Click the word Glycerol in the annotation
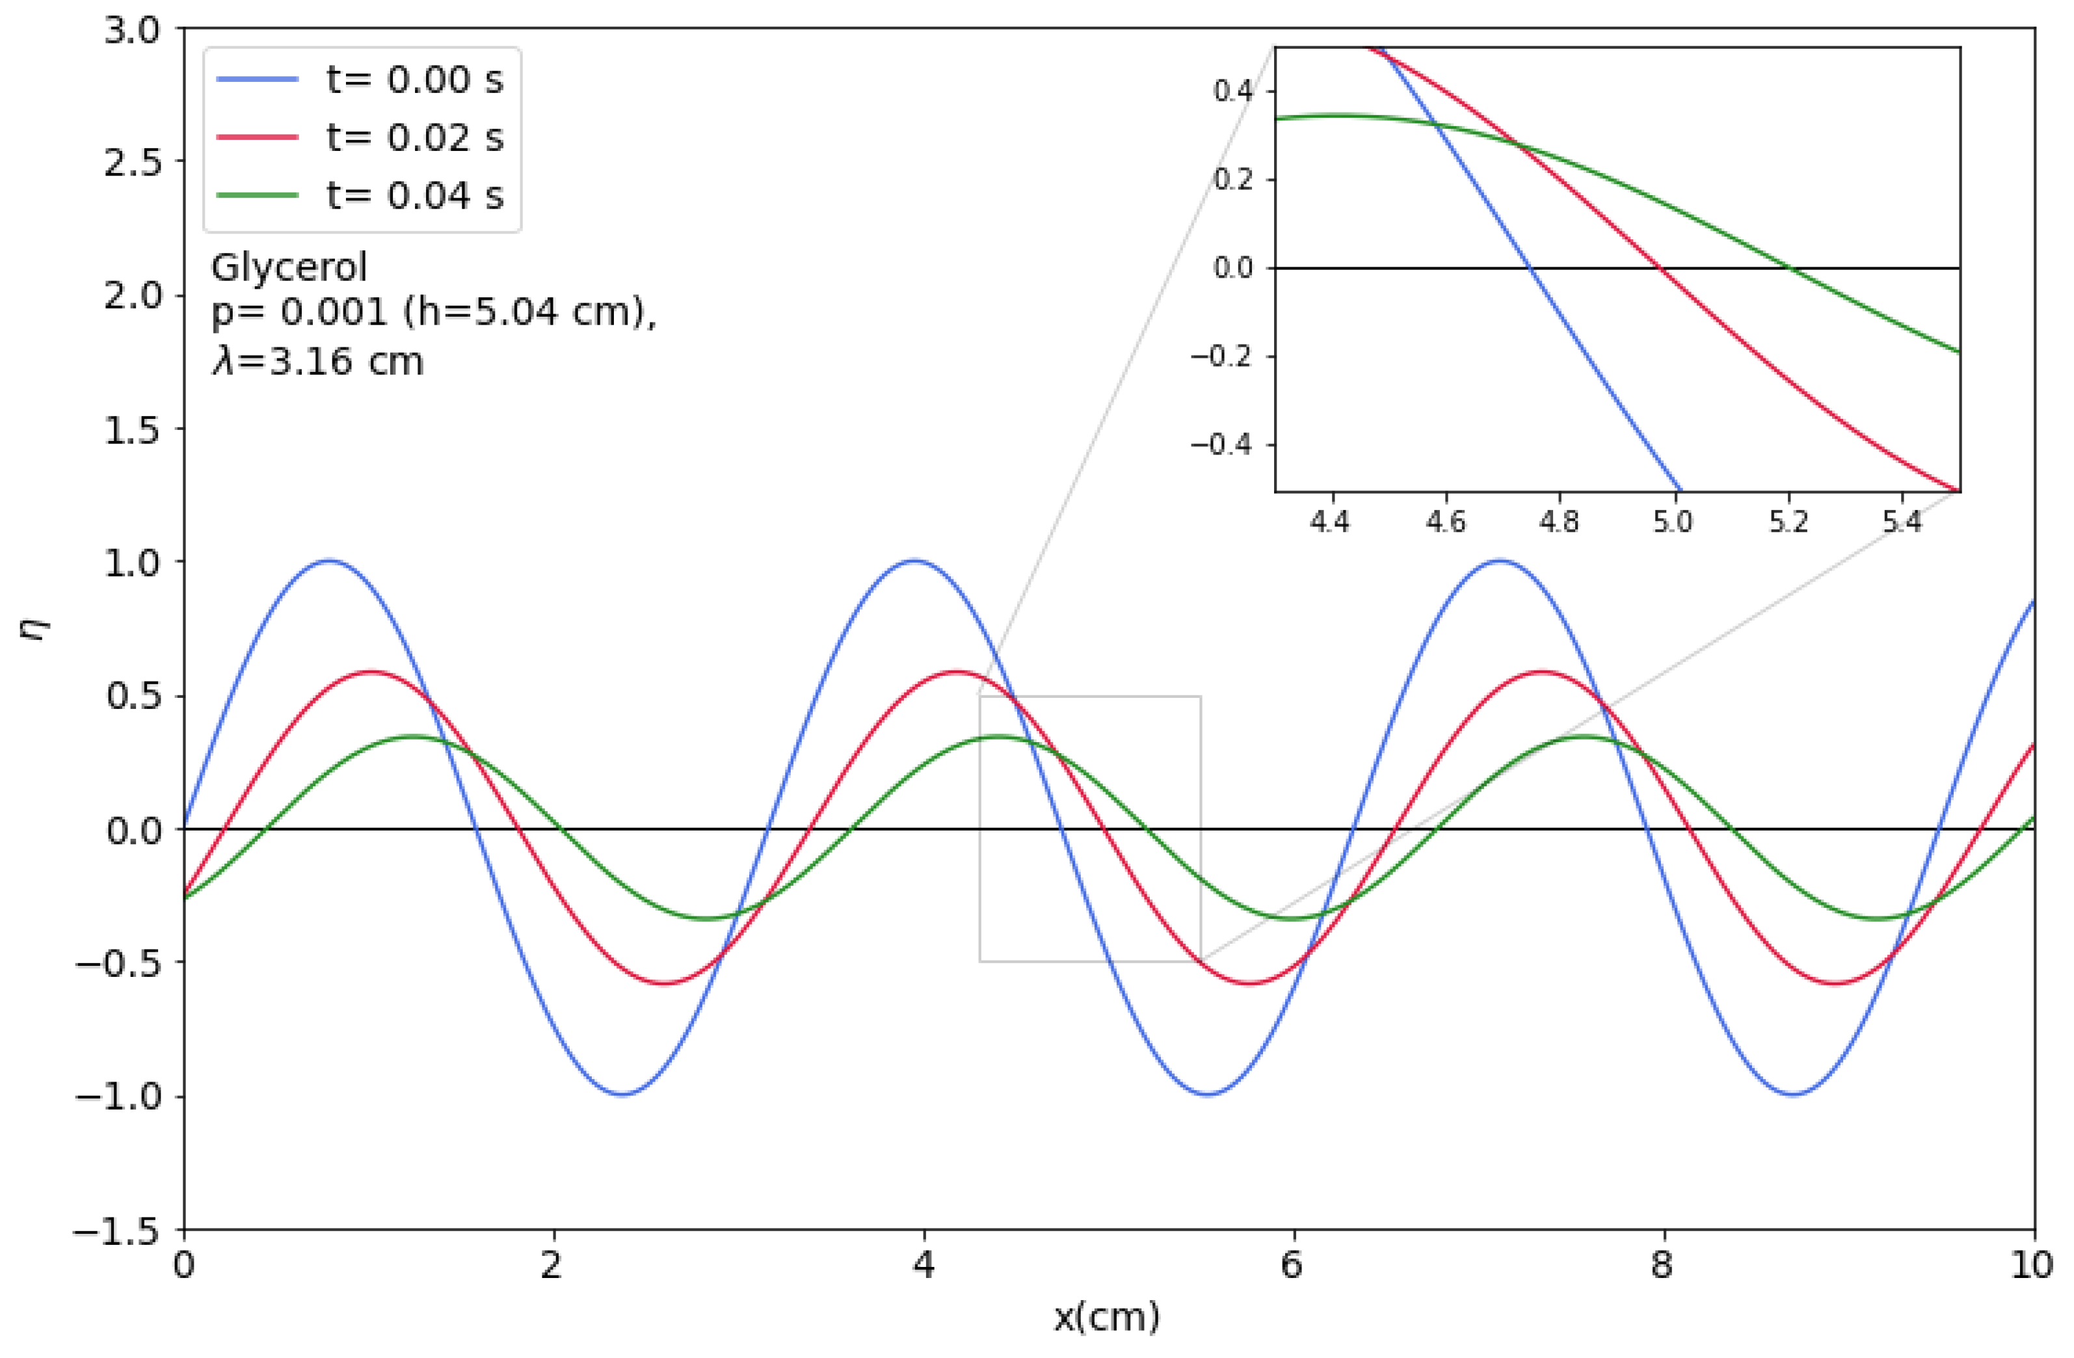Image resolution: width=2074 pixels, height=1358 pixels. pyautogui.click(x=289, y=267)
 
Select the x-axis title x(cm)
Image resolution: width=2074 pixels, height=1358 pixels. pyautogui.click(x=1107, y=1317)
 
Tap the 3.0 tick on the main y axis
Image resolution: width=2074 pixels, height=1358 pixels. pyautogui.click(x=133, y=30)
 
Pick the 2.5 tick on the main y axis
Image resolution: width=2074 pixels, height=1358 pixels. pyautogui.click(x=133, y=162)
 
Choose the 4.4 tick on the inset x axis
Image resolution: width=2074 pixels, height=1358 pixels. pyautogui.click(x=1330, y=522)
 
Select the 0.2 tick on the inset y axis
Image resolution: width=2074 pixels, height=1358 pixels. pyautogui.click(x=1232, y=180)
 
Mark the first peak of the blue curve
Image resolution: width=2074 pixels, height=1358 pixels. pyautogui.click(x=328, y=561)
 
